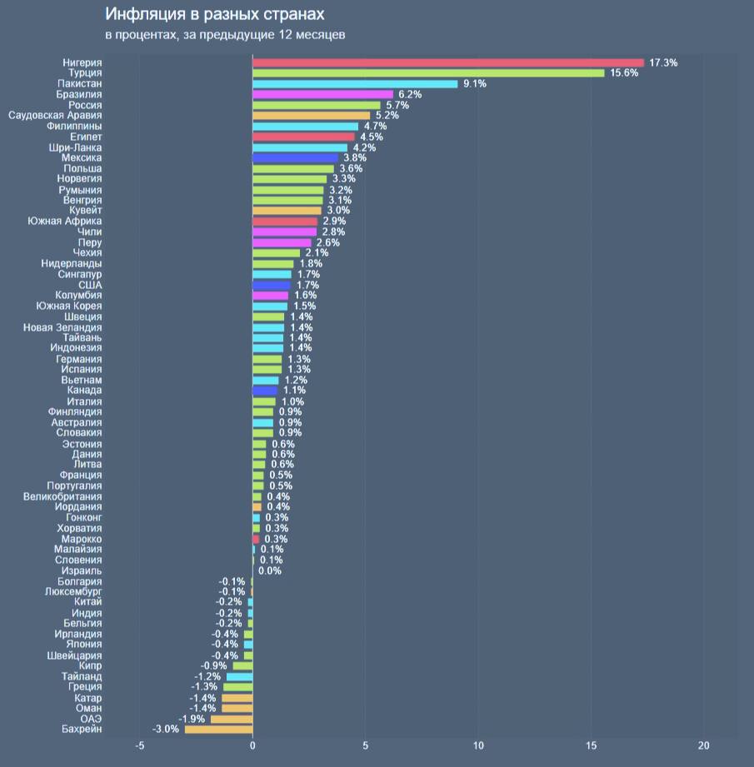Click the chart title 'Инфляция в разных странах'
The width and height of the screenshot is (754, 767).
pos(215,15)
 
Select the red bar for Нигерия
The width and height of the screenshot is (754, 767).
pos(448,62)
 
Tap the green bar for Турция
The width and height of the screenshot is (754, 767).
pos(428,73)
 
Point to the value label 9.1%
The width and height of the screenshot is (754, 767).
pos(475,84)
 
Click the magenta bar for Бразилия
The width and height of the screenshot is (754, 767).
pos(322,95)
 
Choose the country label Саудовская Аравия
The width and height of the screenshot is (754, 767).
pos(55,116)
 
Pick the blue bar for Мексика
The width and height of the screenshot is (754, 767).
pos(295,158)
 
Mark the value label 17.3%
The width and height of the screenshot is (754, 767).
pos(663,62)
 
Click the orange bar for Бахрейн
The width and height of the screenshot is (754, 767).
pos(218,730)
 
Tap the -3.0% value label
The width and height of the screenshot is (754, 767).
pos(166,730)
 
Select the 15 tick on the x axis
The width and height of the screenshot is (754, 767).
pos(591,745)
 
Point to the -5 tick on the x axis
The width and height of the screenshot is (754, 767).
pos(139,745)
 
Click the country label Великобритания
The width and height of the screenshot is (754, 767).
pos(62,496)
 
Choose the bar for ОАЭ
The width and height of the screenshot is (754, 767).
pos(231,719)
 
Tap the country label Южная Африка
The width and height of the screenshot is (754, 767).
pos(64,222)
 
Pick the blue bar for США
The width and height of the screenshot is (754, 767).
pos(272,285)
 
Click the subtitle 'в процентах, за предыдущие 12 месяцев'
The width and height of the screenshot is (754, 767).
pos(225,35)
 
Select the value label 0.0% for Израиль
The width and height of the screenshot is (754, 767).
pos(270,571)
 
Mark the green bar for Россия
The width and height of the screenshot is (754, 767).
pos(317,106)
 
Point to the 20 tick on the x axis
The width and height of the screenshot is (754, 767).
pos(704,745)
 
